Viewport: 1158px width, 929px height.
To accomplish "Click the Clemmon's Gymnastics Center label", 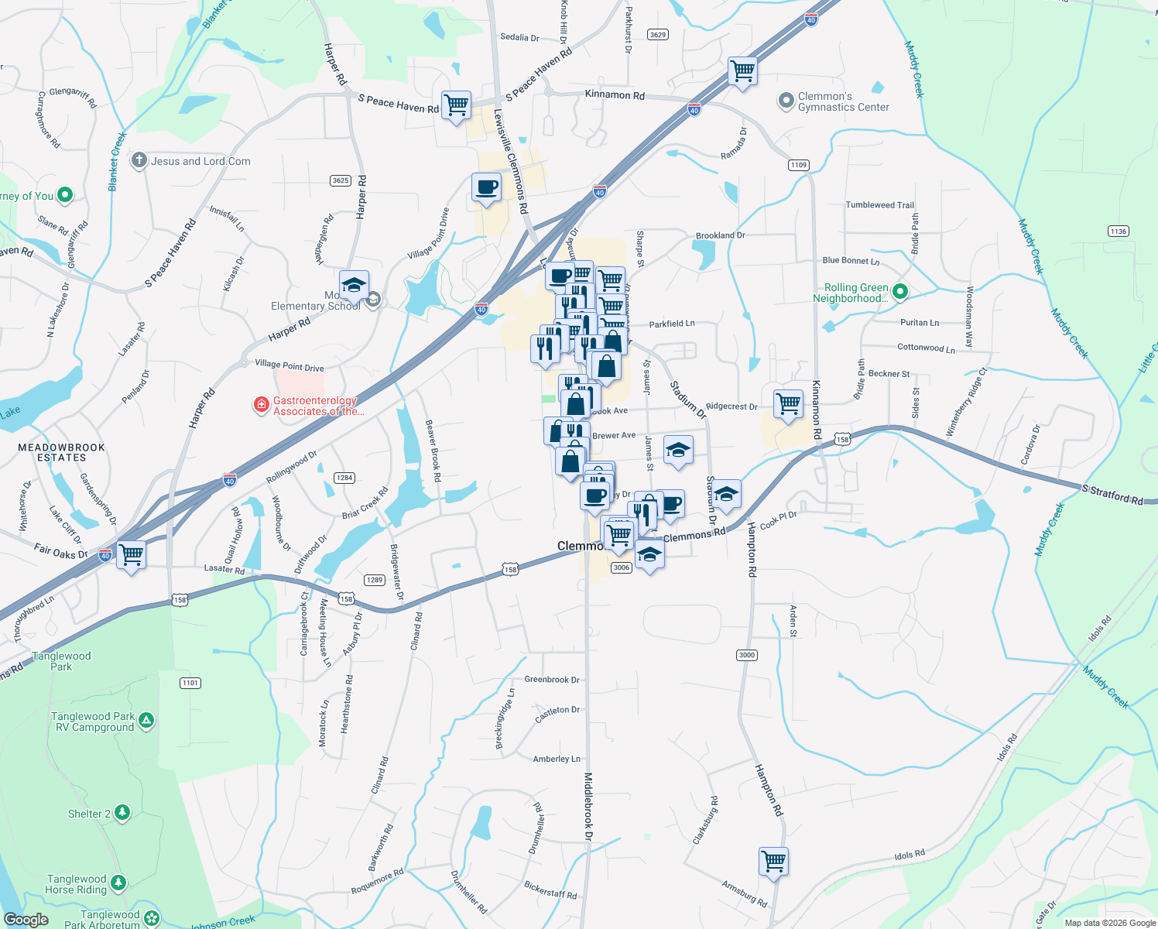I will click(843, 102).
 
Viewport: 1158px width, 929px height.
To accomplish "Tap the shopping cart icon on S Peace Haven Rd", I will click(456, 104).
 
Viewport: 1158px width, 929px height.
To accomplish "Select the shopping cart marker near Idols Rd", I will click(773, 860).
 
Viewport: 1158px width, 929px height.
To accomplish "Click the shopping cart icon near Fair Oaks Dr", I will click(132, 554).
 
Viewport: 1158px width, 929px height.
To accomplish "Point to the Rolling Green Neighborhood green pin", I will click(899, 292).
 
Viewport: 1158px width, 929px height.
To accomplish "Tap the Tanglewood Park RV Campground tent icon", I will click(146, 721).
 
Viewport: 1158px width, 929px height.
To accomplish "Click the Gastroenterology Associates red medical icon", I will click(262, 405).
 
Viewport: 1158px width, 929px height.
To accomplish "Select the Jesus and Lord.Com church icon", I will click(139, 160).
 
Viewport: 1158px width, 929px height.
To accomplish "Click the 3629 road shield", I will click(657, 34).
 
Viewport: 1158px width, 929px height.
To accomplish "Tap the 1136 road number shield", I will click(1119, 231).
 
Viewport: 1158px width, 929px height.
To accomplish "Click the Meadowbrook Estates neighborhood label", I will click(62, 452).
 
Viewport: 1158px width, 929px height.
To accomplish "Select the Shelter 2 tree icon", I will click(122, 812).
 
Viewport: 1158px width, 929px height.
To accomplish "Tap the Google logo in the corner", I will click(26, 919).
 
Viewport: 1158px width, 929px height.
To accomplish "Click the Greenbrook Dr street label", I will click(552, 680).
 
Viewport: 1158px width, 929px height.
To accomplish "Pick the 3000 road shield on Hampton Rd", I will click(746, 655).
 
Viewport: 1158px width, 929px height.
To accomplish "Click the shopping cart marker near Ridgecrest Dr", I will click(788, 403).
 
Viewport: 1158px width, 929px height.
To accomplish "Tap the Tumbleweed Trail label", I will click(879, 205).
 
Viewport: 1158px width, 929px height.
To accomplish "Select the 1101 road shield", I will click(190, 683).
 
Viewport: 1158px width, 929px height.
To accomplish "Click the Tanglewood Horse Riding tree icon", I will click(118, 882).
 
